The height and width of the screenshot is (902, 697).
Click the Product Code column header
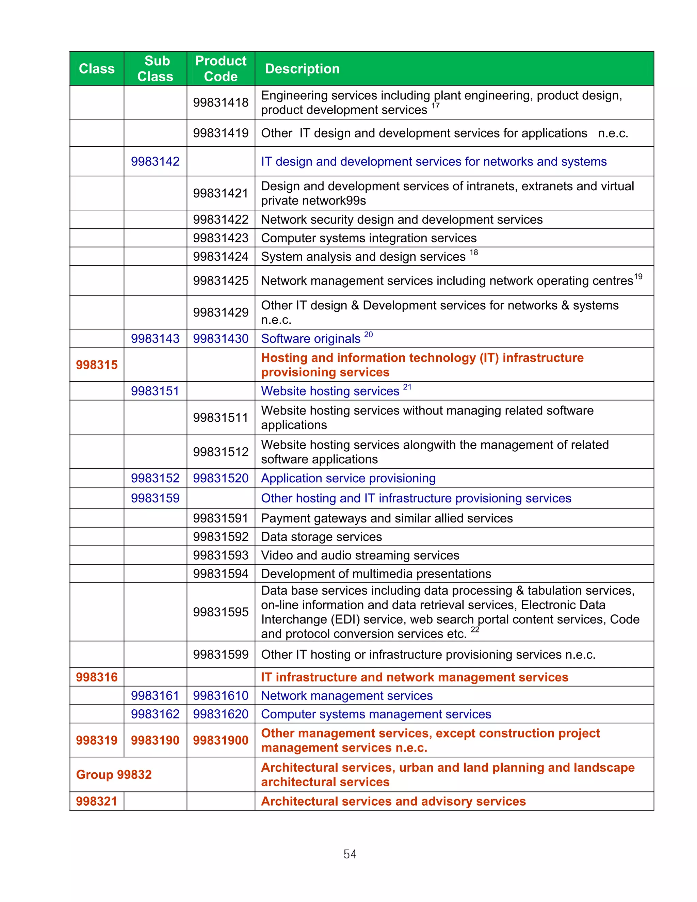221,68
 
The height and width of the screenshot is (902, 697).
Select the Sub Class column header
155,68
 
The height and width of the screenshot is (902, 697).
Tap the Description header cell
302,68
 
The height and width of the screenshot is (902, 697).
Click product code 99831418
221,102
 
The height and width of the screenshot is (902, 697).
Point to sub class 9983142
155,161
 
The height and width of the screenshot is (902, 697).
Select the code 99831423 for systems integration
221,238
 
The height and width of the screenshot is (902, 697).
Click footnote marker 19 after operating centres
638,277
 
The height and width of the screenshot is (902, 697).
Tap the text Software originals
310,339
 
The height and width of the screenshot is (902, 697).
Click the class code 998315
97,365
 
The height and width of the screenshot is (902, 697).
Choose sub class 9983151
155,391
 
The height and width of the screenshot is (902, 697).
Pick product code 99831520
221,478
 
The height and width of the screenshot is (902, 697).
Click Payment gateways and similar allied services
387,518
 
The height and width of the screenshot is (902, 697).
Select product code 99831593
221,555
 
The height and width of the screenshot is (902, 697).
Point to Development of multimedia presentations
376,574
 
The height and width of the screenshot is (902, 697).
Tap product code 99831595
221,612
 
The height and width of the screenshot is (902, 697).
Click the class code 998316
97,677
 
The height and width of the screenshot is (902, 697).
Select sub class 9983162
155,714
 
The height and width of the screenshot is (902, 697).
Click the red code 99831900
221,740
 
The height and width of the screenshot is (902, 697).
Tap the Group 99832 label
114,774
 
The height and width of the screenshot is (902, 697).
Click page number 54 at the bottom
350,854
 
